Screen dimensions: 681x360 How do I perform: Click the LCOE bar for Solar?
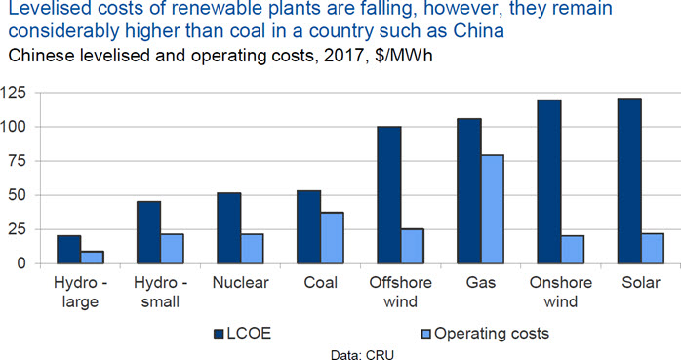coord(629,181)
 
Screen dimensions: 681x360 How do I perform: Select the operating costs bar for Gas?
coord(492,210)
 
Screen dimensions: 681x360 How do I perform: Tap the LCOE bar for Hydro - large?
coord(68,250)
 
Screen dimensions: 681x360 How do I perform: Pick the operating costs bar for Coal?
coord(333,238)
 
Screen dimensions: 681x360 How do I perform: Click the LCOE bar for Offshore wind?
coord(389,195)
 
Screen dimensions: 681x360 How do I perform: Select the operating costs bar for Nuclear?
coord(252,249)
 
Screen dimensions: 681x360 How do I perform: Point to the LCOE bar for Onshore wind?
coord(549,182)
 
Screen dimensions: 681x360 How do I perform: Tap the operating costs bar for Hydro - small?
coord(172,249)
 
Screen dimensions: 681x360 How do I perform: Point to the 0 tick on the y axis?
coord(22,263)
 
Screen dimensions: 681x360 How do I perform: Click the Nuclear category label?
coord(241,283)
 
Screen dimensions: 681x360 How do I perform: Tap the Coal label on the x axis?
coord(321,283)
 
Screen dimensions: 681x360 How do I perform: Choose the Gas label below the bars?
coord(481,283)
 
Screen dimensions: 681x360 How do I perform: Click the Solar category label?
coord(641,283)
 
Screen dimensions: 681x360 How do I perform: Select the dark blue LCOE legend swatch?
coord(219,334)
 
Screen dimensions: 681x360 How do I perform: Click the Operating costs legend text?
coord(492,334)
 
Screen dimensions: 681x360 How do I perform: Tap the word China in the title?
coord(478,31)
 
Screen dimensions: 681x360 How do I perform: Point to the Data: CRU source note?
coord(362,354)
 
